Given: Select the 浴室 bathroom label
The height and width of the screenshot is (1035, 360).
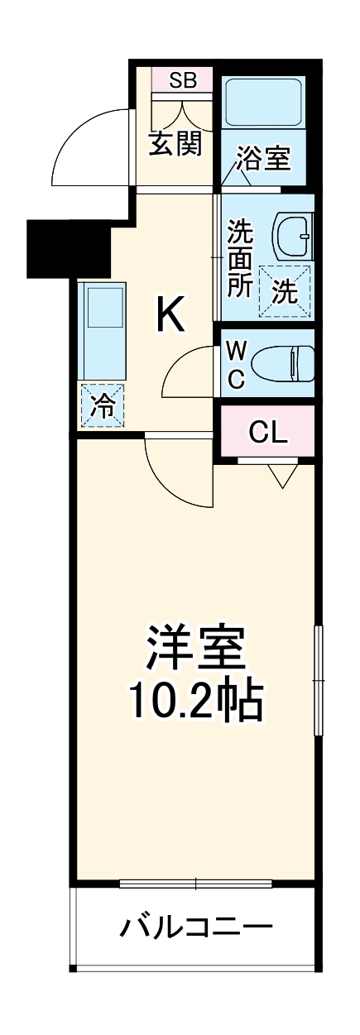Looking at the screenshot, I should pos(264,159).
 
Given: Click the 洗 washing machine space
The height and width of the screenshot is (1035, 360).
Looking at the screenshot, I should pos(284,290).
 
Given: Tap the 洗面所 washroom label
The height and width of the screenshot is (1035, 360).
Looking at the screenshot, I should pos(240,258).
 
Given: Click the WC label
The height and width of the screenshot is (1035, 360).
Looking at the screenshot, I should pos(235,364).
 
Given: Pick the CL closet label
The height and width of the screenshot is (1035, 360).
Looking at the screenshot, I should pos(268,431).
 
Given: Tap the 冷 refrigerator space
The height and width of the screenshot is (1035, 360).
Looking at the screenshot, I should pos(103,405).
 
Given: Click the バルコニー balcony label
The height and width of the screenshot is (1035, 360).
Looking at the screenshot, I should pos(195,927).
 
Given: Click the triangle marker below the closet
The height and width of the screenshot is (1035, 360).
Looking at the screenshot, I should pos(283,474).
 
